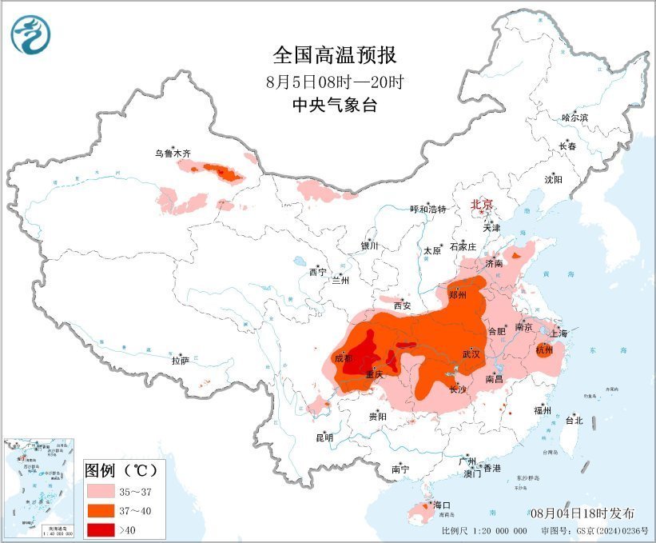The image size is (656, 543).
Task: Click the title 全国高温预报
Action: click(x=334, y=55)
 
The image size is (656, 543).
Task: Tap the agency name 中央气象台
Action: click(x=334, y=105)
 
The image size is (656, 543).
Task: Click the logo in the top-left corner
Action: click(x=30, y=34)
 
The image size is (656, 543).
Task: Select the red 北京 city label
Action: click(x=483, y=205)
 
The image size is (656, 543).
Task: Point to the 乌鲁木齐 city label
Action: click(x=173, y=153)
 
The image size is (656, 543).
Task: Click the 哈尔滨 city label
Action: click(x=574, y=118)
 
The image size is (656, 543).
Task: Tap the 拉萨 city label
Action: click(x=180, y=361)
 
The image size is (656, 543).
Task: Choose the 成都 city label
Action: click(x=344, y=357)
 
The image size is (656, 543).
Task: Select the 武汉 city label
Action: click(x=471, y=353)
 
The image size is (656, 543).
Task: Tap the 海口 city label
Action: click(x=442, y=505)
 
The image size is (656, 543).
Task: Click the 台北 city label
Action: click(x=574, y=420)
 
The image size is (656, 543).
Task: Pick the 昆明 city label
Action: click(x=324, y=437)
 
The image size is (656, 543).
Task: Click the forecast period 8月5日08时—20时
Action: click(x=334, y=81)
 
